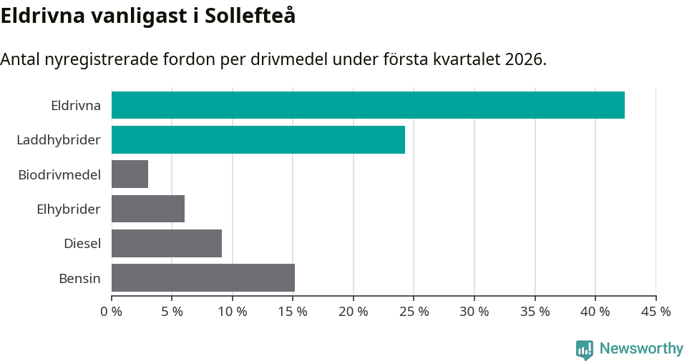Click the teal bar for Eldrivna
pos(368,105)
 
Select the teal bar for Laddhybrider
pos(258,139)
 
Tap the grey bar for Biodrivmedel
pos(130,174)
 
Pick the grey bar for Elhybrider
pos(148,209)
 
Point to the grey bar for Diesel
pos(167,243)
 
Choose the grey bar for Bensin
pos(203,277)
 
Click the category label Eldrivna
pos(76,106)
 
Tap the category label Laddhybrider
pos(59,140)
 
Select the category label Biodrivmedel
pos(59,174)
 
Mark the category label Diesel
pos(82,244)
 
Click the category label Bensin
pos(79,278)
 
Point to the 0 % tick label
pos(112,312)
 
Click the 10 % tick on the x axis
pos(233,312)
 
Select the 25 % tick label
pos(414,312)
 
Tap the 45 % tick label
pos(656,312)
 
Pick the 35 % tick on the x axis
pos(535,312)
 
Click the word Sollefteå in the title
pos(250,16)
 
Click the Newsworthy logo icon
pos(585,349)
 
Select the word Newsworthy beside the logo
pos(641,349)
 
